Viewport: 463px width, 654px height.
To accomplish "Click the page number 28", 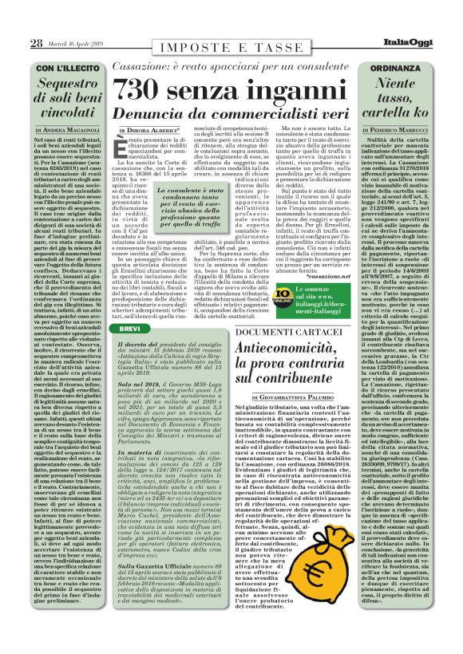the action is tap(37, 42).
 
